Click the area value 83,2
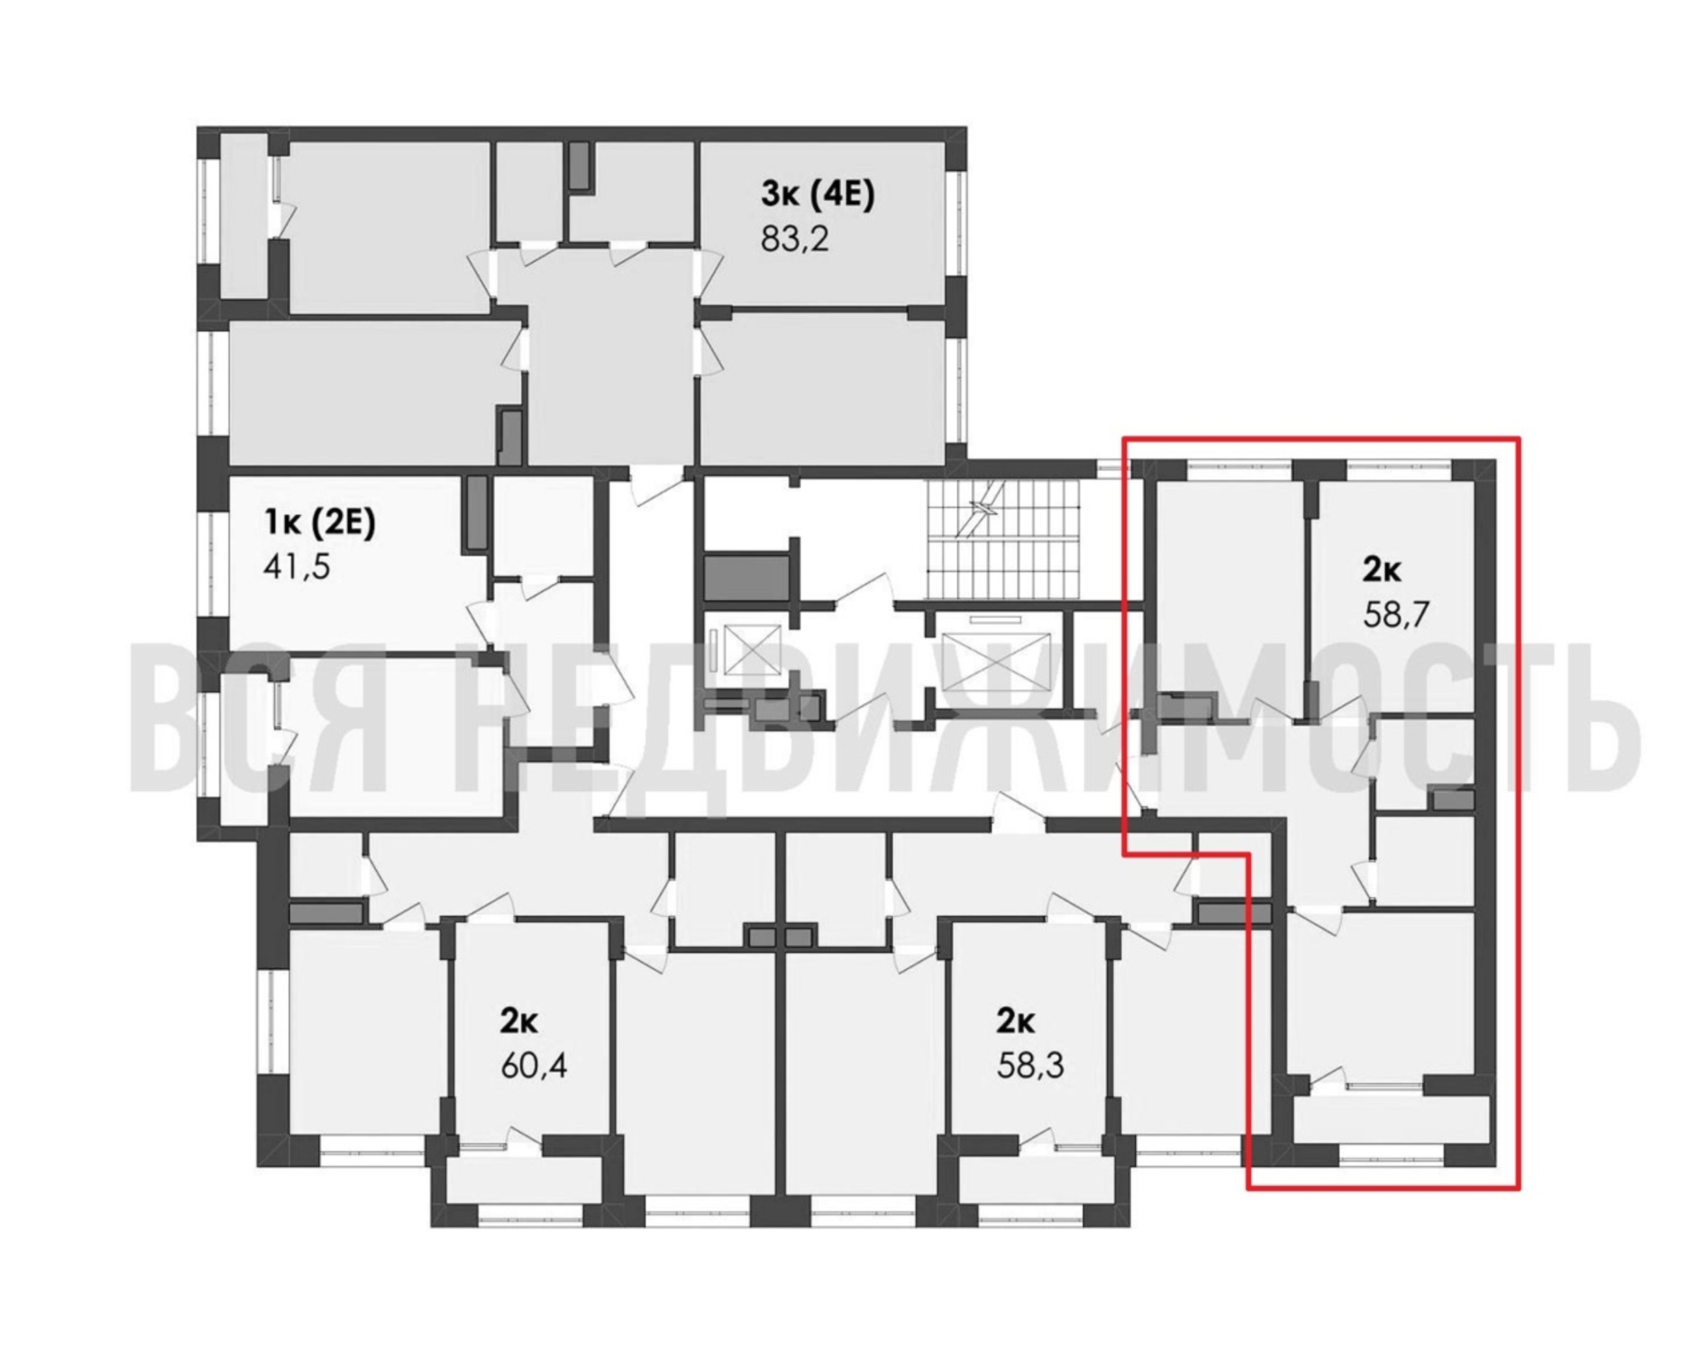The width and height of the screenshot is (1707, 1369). pyautogui.click(x=794, y=238)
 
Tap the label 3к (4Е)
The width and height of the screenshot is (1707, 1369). pyautogui.click(x=818, y=196)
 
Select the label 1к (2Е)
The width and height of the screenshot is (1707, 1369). pyautogui.click(x=318, y=524)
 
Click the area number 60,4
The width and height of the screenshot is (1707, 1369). pyautogui.click(x=534, y=1066)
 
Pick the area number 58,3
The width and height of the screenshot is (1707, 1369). pyautogui.click(x=1030, y=1066)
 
